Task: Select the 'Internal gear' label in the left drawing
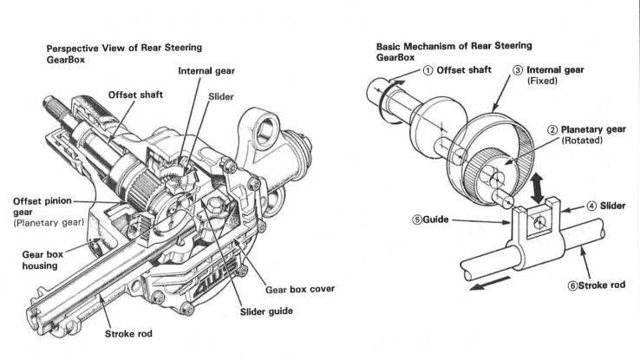click(208, 70)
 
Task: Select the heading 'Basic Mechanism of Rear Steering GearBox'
click(454, 51)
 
